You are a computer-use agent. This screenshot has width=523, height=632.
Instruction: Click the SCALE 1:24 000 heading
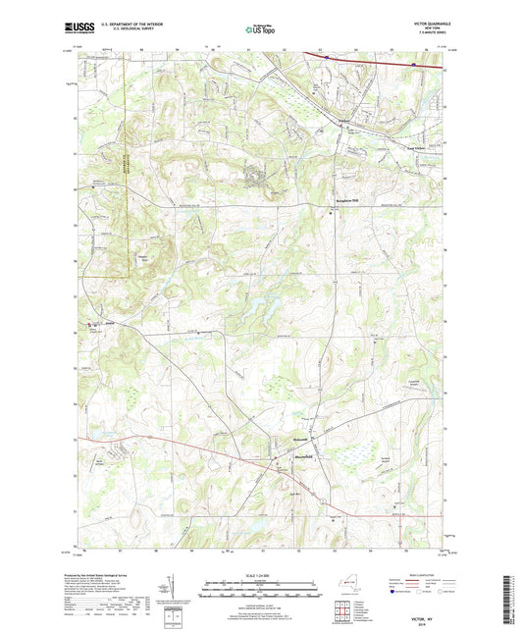coord(261,576)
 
